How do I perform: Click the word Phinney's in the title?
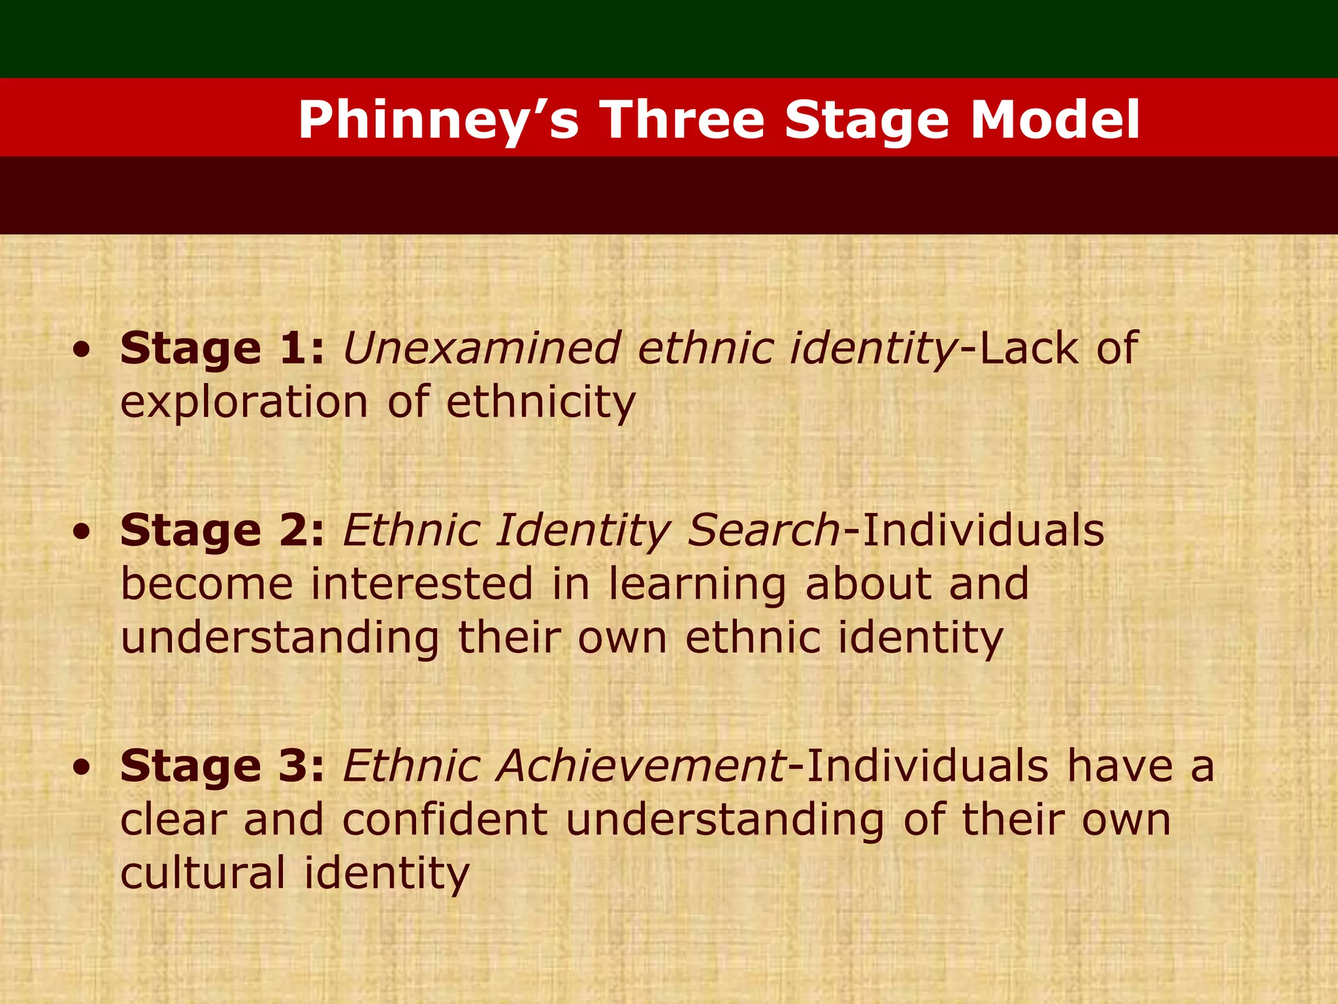[x=438, y=120]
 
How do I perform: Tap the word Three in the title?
[x=682, y=120]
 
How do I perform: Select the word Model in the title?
[x=1054, y=120]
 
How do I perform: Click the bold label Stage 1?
[x=222, y=348]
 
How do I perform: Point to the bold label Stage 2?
[x=222, y=530]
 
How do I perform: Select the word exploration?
[x=244, y=403]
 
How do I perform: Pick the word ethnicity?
[x=540, y=403]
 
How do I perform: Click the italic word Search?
[x=764, y=530]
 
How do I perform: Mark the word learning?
[x=697, y=585]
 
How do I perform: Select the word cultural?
[x=203, y=873]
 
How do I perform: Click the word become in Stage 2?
[x=206, y=584]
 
